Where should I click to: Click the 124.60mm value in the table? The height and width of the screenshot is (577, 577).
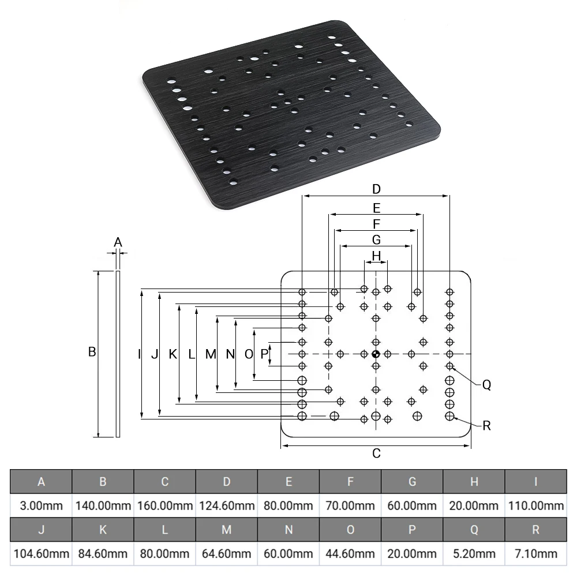(227, 505)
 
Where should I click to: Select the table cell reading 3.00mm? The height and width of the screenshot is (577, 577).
(41, 505)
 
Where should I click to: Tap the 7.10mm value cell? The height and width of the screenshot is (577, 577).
(536, 553)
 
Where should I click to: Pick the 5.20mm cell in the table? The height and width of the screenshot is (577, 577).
(474, 553)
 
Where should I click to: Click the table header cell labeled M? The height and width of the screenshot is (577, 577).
(227, 530)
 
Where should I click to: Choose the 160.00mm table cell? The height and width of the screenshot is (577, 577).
(165, 505)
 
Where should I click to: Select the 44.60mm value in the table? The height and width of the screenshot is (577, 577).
(350, 553)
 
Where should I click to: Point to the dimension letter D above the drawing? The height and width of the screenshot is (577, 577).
(376, 189)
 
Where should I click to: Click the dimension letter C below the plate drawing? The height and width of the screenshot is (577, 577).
(376, 454)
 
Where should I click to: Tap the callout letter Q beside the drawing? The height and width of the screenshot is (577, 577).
(486, 385)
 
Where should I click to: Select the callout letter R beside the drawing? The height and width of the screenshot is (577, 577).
(486, 426)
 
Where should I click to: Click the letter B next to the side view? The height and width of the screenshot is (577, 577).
(92, 352)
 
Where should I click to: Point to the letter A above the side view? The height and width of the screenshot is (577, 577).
(118, 242)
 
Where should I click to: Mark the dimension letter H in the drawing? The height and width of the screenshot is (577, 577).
(376, 256)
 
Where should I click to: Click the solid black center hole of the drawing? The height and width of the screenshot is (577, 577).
(376, 354)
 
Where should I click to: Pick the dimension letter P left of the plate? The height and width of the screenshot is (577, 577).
(264, 354)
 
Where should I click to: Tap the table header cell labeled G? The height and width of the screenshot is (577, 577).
(412, 481)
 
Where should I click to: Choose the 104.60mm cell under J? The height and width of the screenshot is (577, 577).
(41, 553)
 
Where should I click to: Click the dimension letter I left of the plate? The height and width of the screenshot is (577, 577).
(139, 354)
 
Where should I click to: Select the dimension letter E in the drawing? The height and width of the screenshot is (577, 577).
(376, 208)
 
